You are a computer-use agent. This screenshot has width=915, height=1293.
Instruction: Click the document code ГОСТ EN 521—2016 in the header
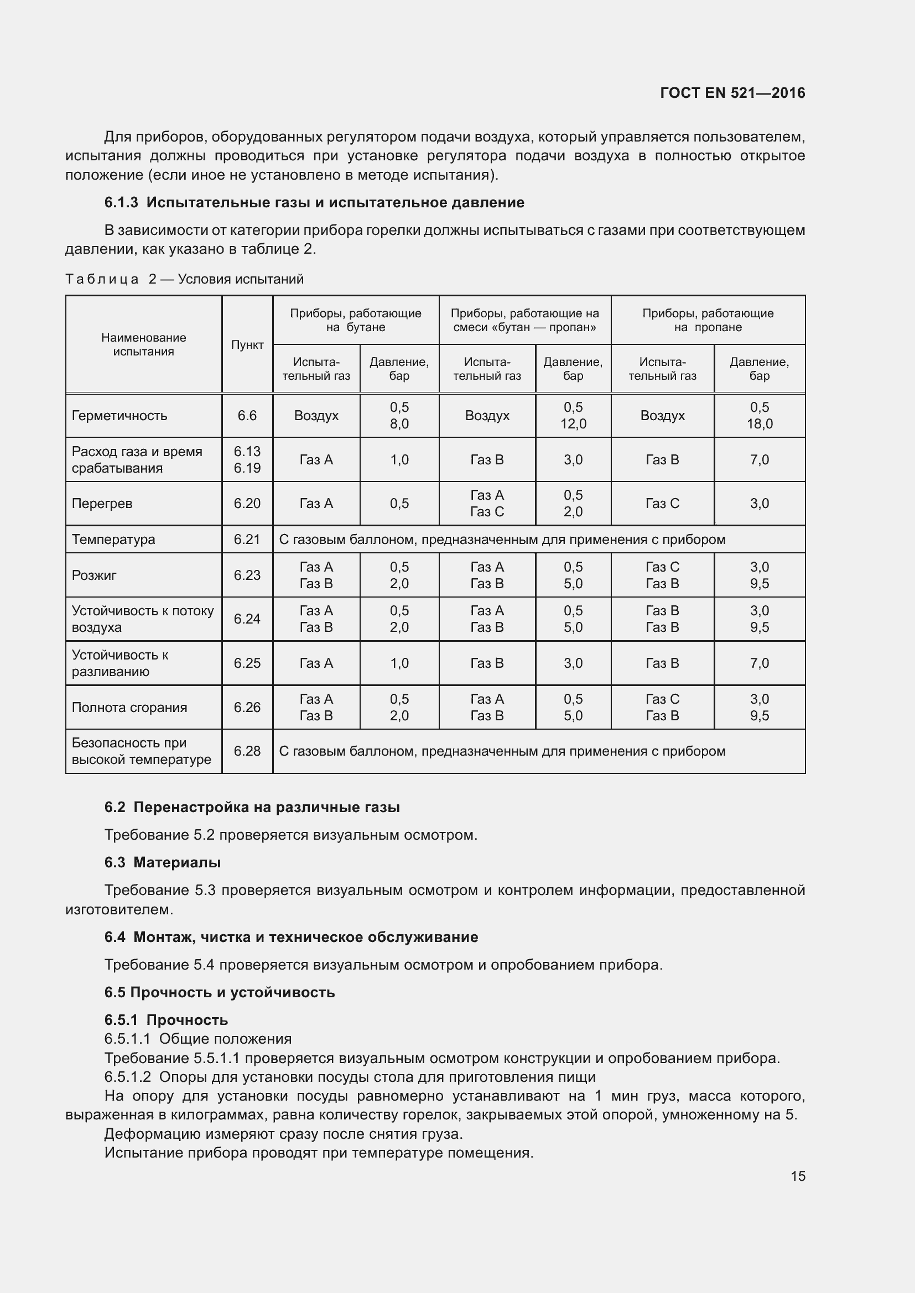[x=732, y=93]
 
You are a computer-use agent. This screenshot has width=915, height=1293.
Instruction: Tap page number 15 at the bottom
[x=798, y=1176]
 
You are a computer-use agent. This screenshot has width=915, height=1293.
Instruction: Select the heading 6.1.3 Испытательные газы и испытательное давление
[x=314, y=203]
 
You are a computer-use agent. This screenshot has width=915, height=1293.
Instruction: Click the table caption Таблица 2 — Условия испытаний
[x=184, y=279]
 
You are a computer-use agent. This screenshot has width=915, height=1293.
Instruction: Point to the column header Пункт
[x=247, y=344]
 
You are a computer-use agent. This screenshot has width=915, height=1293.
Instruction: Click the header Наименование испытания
[x=143, y=344]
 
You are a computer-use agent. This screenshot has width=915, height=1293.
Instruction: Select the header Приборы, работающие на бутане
[x=356, y=320]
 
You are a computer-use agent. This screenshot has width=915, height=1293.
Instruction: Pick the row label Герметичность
[x=119, y=416]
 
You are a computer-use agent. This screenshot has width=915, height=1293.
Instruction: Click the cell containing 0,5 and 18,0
[x=759, y=416]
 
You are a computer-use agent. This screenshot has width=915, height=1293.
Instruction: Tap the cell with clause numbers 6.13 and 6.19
[x=247, y=459]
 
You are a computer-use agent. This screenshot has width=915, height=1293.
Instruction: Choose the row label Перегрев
[x=102, y=504]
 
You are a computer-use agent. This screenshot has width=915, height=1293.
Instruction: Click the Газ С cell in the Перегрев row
[x=662, y=504]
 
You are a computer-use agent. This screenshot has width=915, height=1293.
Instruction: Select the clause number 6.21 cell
[x=247, y=540]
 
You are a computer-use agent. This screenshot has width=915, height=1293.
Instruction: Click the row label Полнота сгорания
[x=129, y=708]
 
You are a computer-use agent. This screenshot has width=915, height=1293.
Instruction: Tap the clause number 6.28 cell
[x=247, y=751]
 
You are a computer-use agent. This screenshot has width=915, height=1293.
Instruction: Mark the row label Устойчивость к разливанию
[x=119, y=663]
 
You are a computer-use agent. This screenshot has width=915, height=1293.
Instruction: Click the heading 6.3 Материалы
[x=162, y=862]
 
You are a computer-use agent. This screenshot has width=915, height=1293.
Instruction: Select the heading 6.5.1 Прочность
[x=165, y=1020]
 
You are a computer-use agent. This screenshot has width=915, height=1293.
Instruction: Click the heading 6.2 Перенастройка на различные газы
[x=252, y=807]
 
